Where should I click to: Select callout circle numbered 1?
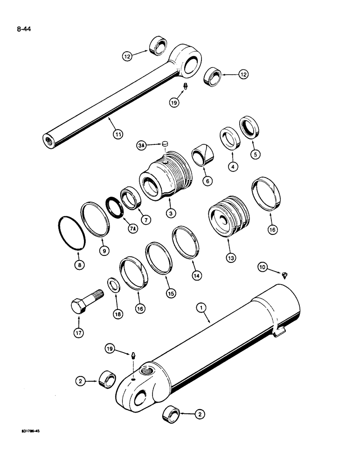201,308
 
